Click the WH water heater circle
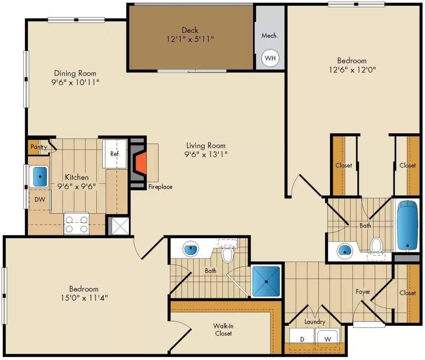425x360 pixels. coord(270,58)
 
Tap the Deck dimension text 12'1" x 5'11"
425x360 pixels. coord(190,39)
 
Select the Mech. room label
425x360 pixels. coord(269,36)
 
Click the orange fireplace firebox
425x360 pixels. coord(141,165)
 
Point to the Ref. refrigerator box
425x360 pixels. coord(115,154)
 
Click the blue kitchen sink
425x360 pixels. coord(39,176)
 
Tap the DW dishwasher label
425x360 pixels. coord(39,199)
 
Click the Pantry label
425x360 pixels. coord(39,147)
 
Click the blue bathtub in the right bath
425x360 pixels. coord(408,225)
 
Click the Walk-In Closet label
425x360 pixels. coord(223,329)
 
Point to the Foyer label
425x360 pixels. coord(363,292)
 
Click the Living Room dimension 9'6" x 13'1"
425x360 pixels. coord(206,154)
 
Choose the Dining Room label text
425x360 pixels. coord(75,73)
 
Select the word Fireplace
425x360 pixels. coord(160,187)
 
